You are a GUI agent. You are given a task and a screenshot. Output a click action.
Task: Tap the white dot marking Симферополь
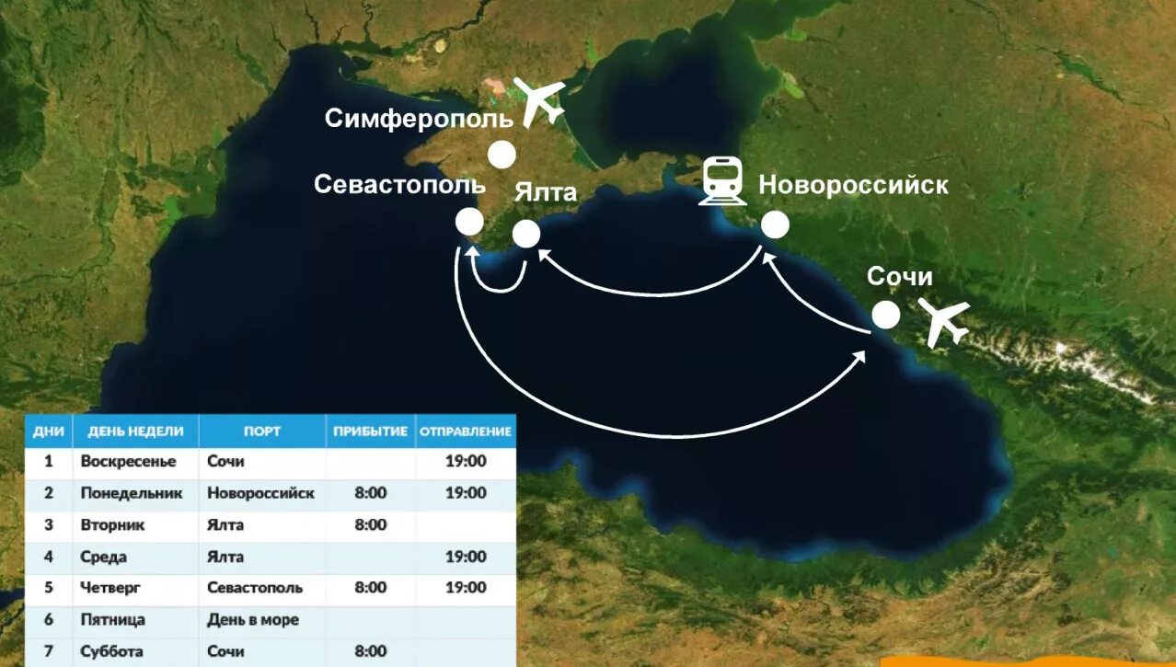[x=502, y=155]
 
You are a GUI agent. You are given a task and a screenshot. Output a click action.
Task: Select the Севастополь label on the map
[x=399, y=184]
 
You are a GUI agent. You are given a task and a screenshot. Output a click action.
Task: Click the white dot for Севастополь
[x=469, y=222]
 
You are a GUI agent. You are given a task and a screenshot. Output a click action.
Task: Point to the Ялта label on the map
[x=546, y=191]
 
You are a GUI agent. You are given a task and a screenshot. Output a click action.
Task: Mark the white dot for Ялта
[x=526, y=234]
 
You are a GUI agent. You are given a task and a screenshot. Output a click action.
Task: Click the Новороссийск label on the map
[x=853, y=185]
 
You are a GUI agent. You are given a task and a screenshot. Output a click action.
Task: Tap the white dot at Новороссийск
[x=775, y=224]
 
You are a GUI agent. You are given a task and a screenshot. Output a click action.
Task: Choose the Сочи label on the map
[x=900, y=277]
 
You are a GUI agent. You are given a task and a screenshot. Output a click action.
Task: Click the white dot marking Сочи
[x=885, y=316]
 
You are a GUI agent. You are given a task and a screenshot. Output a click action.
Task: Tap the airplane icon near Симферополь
[x=540, y=100]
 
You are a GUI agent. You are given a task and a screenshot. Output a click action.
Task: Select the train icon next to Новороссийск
[x=722, y=180]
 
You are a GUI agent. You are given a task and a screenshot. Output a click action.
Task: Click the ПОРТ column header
[x=262, y=431]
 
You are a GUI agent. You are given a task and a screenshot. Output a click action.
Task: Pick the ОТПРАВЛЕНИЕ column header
[x=465, y=431]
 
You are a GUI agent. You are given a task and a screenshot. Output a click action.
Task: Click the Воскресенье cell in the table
[x=117, y=462]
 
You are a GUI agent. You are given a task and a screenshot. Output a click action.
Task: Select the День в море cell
[x=253, y=619]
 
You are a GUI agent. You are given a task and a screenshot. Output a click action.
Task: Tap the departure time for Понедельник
[x=466, y=493]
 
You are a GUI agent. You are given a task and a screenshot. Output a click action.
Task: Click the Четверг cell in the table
[x=110, y=587]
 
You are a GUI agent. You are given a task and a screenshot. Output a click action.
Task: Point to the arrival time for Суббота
[x=371, y=651]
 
